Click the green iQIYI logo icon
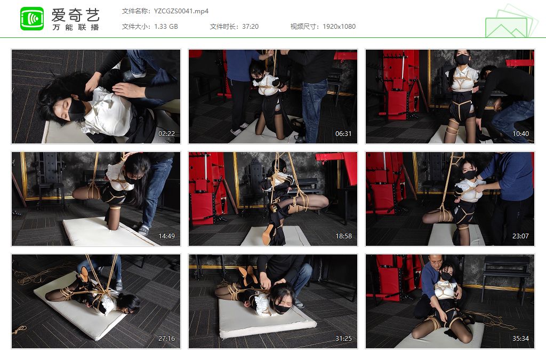(x=32, y=19)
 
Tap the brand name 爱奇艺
(x=76, y=14)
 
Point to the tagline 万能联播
(x=76, y=27)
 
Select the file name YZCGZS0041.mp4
(x=181, y=11)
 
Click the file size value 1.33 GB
(x=166, y=27)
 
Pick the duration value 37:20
(x=251, y=27)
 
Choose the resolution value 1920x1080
(x=339, y=27)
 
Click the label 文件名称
(x=136, y=11)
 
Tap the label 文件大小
(x=136, y=27)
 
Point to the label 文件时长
(x=224, y=27)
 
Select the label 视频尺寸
(x=304, y=27)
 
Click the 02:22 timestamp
(x=166, y=134)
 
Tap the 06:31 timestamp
(x=343, y=134)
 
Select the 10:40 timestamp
(x=520, y=134)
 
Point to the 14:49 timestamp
(x=166, y=236)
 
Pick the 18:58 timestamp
(x=343, y=236)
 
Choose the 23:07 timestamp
(x=520, y=236)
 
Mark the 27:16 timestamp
(x=166, y=339)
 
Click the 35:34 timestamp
(x=520, y=339)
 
